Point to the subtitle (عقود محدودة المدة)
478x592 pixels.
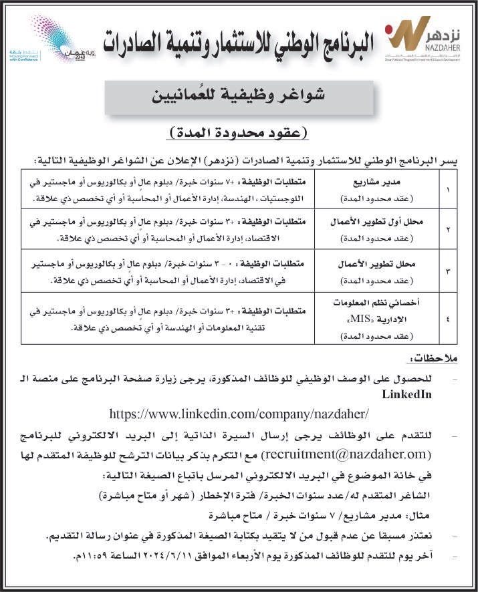tap(238, 132)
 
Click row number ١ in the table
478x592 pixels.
tap(447, 189)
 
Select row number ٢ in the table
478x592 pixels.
tap(447, 229)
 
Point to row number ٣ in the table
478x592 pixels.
tap(447, 270)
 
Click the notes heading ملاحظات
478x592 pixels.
tap(435, 360)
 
